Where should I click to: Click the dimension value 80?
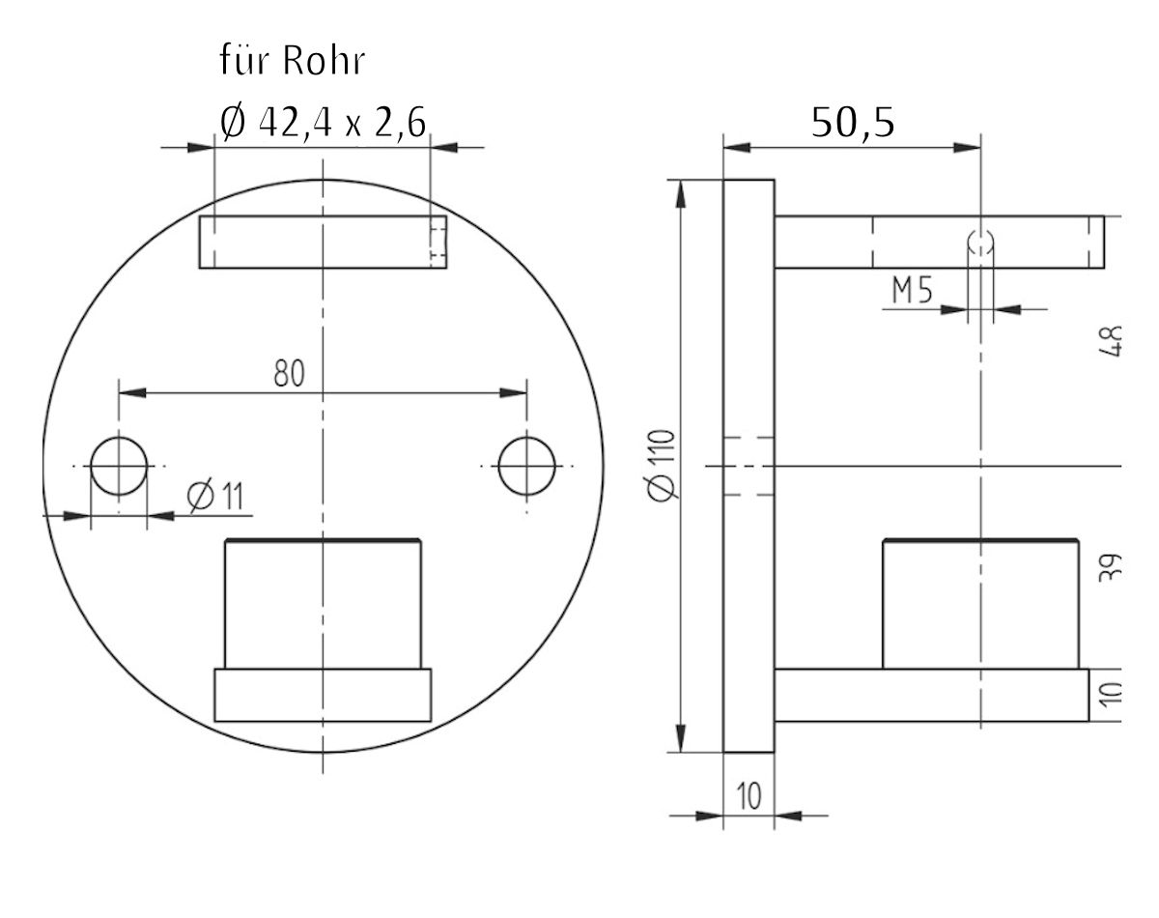point(288,373)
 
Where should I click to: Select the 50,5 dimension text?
point(852,124)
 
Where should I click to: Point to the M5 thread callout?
point(912,292)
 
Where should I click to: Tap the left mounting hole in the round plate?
point(119,466)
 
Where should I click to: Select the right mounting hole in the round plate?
point(527,466)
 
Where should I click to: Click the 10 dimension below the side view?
point(749,797)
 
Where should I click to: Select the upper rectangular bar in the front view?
point(323,242)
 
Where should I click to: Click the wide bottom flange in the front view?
point(323,696)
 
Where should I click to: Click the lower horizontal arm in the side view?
point(931,696)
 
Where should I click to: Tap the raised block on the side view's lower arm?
point(979,604)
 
